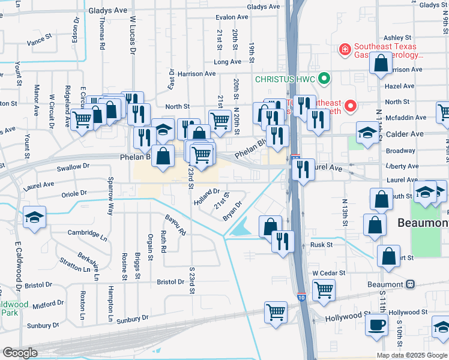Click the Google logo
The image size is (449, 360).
20,353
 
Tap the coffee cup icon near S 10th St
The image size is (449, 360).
377,325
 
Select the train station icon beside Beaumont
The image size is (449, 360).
411,284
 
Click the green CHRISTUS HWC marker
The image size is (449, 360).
325,79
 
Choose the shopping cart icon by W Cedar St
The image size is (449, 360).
324,290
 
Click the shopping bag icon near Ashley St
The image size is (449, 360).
381,63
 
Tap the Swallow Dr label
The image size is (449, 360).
72,166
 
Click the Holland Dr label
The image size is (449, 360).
208,197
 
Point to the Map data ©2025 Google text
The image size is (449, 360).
411,355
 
